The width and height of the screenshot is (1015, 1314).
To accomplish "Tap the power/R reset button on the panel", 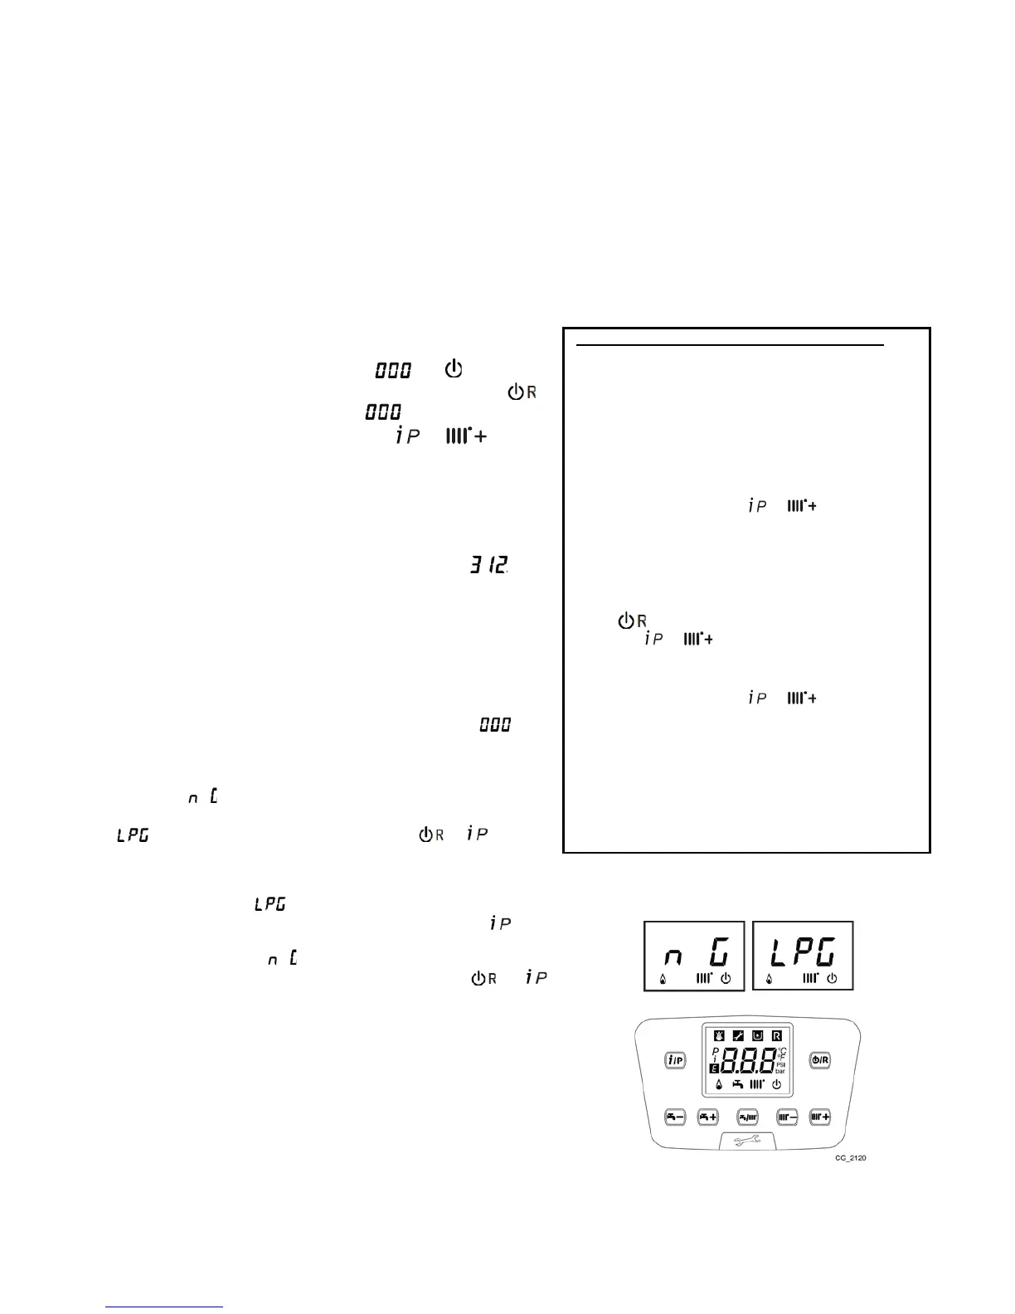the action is pos(819,1059).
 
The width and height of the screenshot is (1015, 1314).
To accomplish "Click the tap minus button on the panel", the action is pos(674,1117).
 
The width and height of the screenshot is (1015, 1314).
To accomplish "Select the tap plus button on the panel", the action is pos(707,1117).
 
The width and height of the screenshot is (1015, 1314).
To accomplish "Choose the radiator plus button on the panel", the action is pos(820,1117).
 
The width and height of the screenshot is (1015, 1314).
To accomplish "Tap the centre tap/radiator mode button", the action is pos(747,1117).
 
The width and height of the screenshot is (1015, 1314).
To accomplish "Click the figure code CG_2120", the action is pos(851,1158).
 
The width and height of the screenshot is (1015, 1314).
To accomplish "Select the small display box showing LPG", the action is pos(803,956).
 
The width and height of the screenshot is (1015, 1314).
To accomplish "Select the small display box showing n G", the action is pos(694,956).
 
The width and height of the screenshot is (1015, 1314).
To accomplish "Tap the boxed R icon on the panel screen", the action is pos(777,1035).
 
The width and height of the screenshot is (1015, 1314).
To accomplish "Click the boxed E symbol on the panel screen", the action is pos(716,1070).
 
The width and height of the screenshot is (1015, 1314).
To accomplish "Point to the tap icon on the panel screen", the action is pos(737,1084).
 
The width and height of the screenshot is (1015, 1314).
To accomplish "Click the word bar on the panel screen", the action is pos(781,1071).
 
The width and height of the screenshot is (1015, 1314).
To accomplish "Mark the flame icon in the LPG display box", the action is pos(770,979).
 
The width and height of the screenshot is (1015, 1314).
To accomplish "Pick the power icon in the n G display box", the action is pos(726,979).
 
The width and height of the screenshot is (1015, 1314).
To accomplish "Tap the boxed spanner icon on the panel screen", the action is pos(737,1035).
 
